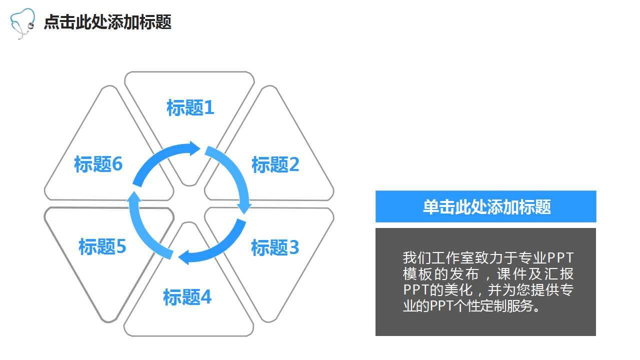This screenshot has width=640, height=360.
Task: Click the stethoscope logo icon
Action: (x=23, y=23)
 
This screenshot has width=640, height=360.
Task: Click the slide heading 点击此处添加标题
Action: (x=107, y=22)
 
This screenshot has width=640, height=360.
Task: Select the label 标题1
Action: (x=190, y=107)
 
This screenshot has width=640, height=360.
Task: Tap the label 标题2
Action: (x=275, y=164)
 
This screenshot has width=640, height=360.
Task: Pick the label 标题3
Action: (x=275, y=247)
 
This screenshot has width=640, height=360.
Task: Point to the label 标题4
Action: (x=187, y=297)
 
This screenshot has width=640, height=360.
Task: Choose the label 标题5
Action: (x=102, y=246)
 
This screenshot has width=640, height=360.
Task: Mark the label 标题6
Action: (x=98, y=164)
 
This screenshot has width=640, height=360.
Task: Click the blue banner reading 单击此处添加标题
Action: (x=485, y=206)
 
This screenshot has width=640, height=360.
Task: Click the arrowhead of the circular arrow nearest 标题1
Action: (x=194, y=148)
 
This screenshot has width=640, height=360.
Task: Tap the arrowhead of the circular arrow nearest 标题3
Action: (x=244, y=206)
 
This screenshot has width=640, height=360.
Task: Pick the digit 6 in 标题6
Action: (x=117, y=164)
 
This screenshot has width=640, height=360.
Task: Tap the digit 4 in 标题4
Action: (x=206, y=297)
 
